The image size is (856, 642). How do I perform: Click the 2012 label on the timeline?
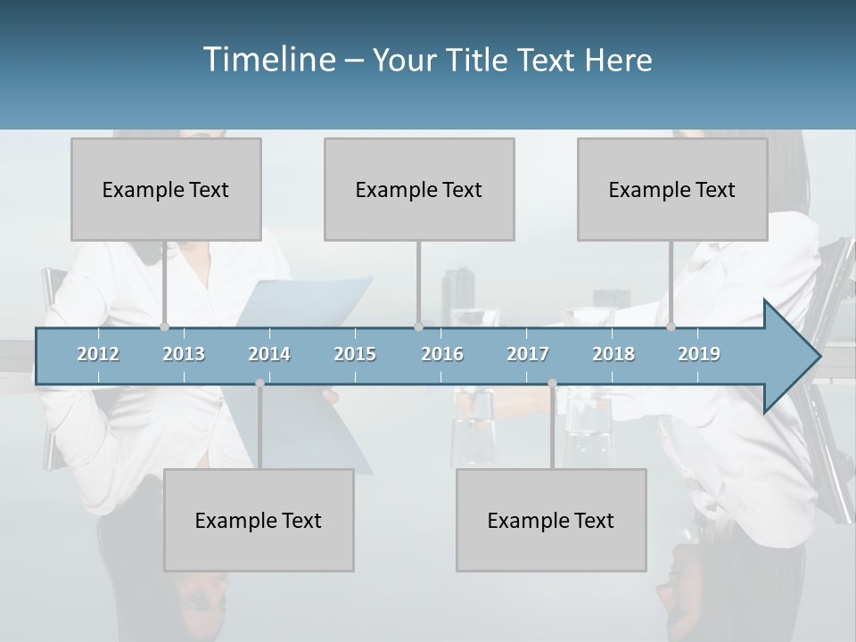point(98,354)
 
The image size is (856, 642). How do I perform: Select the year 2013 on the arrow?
point(184,354)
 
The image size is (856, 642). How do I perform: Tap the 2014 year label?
point(269,354)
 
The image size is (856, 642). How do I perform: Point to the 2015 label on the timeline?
point(355,354)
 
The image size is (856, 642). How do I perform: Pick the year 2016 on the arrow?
point(442,354)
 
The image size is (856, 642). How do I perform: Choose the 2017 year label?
point(528,354)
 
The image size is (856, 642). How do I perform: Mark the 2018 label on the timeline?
point(613,354)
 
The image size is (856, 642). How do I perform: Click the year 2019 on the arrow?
point(699,354)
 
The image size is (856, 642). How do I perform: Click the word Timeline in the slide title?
point(267,60)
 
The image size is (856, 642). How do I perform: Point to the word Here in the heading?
point(619,61)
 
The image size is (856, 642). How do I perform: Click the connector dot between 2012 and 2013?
point(164,327)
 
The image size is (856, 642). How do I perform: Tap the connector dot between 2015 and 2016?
point(418,327)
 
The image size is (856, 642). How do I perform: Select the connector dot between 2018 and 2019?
point(671,327)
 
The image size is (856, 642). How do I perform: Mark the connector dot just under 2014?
point(259,383)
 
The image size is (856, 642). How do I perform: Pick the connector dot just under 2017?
point(552,383)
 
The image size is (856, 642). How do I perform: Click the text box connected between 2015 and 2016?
point(419,189)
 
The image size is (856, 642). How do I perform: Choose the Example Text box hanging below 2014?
point(259,520)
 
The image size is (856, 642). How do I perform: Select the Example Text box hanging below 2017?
point(551,520)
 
